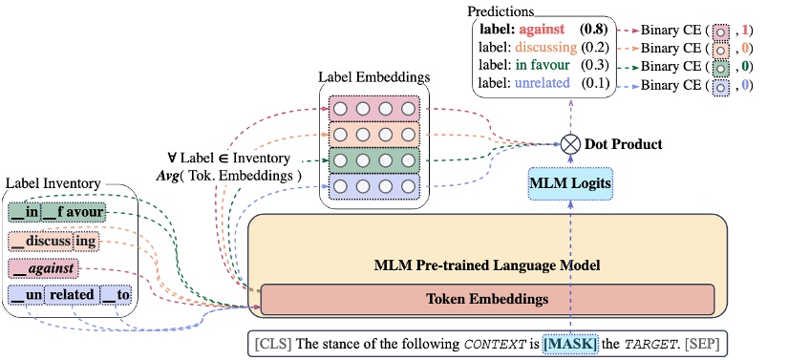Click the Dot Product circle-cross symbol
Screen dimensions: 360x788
[571, 145]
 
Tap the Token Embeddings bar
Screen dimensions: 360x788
[487, 299]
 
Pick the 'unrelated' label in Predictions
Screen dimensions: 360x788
[543, 84]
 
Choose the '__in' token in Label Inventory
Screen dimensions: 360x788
[25, 212]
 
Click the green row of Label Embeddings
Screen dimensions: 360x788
[373, 159]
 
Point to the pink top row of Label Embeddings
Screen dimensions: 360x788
[373, 107]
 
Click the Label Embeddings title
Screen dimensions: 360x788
[373, 76]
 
